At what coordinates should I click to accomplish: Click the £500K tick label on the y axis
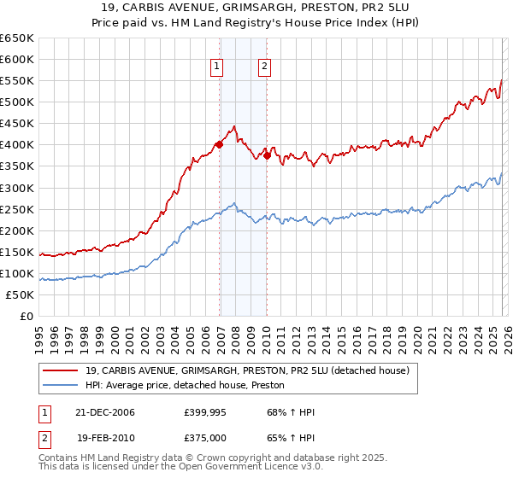(x=17, y=102)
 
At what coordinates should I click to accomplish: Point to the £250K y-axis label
(x=17, y=209)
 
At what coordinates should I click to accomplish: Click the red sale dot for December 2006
(x=220, y=144)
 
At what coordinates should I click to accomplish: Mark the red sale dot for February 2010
(x=268, y=155)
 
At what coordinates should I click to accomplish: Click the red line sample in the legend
(x=61, y=370)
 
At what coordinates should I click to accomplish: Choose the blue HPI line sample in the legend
(x=61, y=385)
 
